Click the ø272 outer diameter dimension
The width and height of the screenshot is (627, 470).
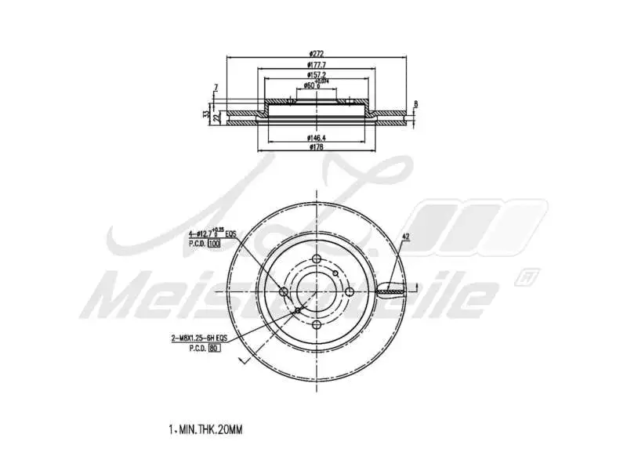pyautogui.click(x=317, y=53)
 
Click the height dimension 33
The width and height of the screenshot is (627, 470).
pyautogui.click(x=206, y=114)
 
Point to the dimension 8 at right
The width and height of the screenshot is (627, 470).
pyautogui.click(x=415, y=103)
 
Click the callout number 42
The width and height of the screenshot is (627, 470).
pyautogui.click(x=405, y=236)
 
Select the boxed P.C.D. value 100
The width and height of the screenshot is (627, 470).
pyautogui.click(x=213, y=244)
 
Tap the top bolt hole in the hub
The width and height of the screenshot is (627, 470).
pyautogui.click(x=316, y=261)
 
